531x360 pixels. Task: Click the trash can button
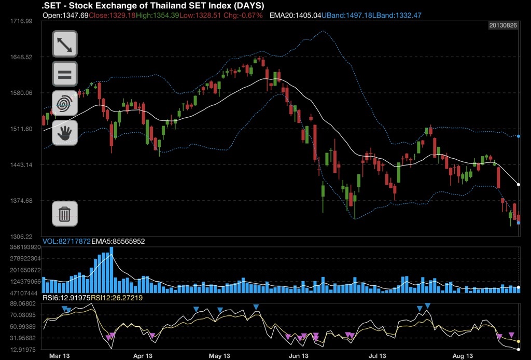[65, 213]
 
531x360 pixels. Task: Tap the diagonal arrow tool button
[65, 44]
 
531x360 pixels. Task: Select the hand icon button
[65, 133]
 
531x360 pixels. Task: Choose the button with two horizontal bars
[65, 74]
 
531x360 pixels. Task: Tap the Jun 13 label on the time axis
[298, 356]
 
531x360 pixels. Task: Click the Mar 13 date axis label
[59, 356]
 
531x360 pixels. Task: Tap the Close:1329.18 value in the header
[112, 16]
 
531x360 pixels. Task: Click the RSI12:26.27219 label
[117, 298]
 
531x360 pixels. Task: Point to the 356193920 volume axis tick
[21, 247]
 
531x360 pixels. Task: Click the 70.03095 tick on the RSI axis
[21, 315]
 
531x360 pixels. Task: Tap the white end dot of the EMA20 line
[519, 184]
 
